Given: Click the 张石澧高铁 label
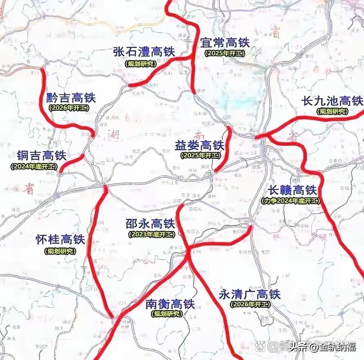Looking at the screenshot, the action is click(144, 52).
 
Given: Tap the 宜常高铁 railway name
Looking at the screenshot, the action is click(225, 43).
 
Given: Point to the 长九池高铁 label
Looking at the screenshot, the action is click(332, 101).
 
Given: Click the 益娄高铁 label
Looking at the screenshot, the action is click(200, 145).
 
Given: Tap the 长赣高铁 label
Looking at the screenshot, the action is click(292, 190).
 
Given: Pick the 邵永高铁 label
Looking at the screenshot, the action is click(150, 224).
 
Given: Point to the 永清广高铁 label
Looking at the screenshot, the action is click(249, 294).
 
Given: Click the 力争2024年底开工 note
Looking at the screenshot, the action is click(290, 201).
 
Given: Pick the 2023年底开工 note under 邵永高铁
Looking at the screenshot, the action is click(151, 234).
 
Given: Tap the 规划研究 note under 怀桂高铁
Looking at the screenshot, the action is click(60, 251).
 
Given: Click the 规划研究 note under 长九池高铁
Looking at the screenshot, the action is click(332, 111).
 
